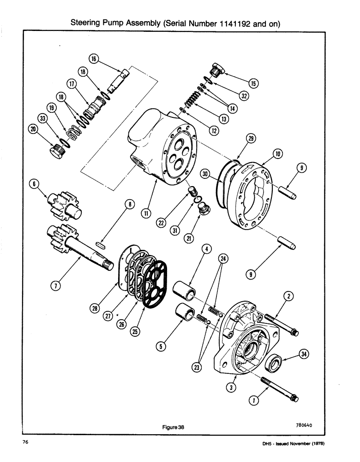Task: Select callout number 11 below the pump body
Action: click(x=146, y=213)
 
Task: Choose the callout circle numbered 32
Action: click(x=244, y=96)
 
